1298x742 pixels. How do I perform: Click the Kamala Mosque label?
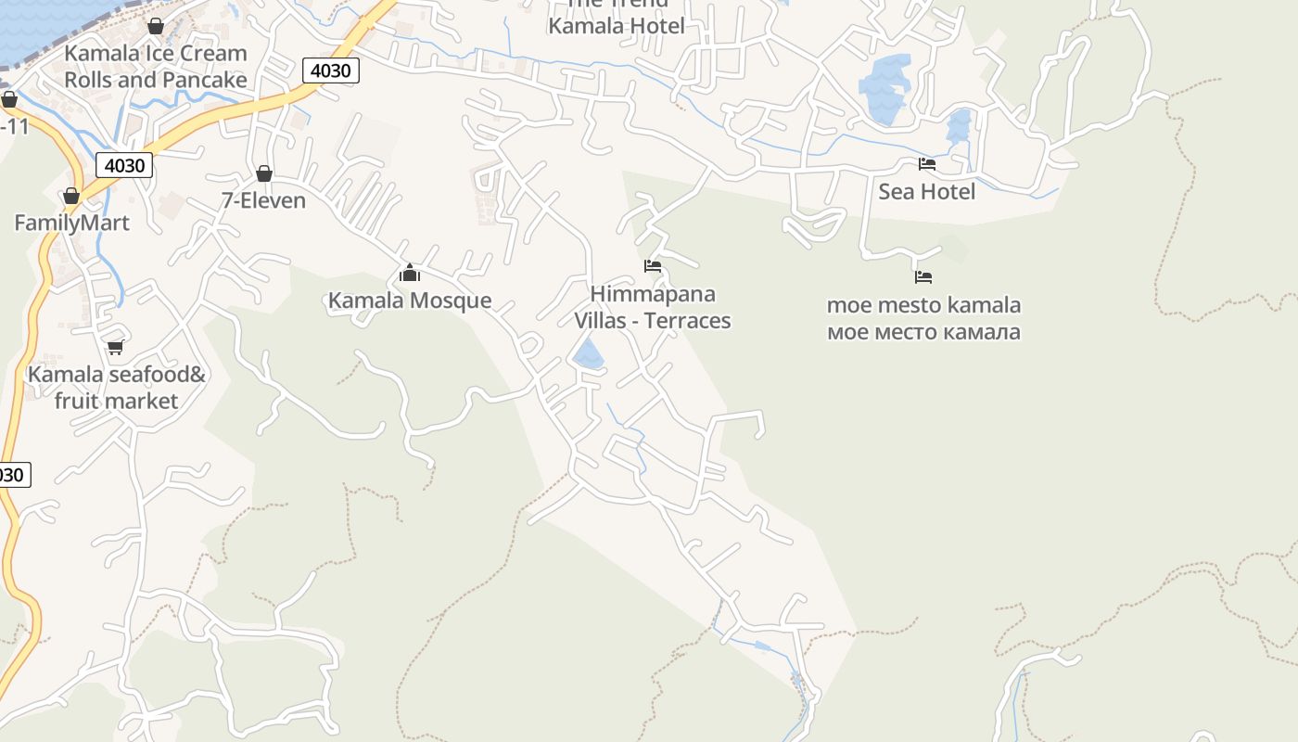[410, 301]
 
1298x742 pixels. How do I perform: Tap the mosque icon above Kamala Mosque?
[410, 273]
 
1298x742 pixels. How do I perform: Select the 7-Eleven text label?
[263, 200]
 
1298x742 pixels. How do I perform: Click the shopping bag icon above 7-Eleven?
[264, 173]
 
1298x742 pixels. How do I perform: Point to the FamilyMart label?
[71, 223]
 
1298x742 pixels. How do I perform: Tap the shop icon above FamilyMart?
[71, 196]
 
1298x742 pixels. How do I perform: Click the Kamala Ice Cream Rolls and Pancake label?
[156, 67]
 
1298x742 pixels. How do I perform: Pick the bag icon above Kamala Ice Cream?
[156, 25]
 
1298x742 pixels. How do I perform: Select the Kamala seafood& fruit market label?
[116, 388]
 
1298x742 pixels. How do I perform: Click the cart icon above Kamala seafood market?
[116, 348]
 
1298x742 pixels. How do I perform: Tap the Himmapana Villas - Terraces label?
[653, 307]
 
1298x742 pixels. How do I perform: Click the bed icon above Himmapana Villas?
[653, 266]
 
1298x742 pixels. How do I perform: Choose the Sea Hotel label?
[927, 191]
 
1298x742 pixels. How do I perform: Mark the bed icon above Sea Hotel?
[927, 164]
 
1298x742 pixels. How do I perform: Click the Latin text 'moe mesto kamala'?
[923, 305]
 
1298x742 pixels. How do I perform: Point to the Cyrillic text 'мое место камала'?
[923, 331]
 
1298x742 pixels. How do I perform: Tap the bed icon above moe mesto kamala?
[923, 276]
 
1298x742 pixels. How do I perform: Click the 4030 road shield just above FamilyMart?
[124, 165]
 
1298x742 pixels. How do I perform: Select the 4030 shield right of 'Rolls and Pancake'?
[330, 70]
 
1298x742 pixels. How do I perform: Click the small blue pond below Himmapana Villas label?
[588, 354]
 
